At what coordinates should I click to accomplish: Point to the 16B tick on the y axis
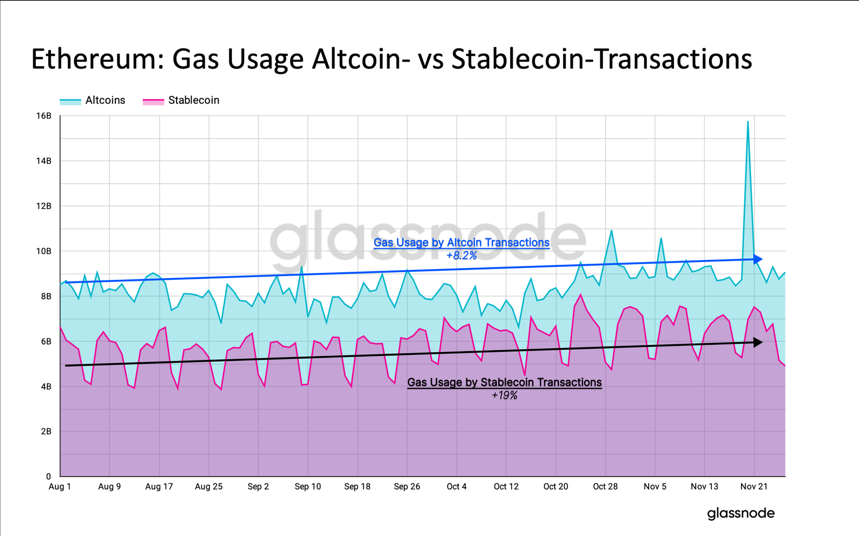tap(44, 116)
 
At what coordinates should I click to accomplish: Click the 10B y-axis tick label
tap(44, 251)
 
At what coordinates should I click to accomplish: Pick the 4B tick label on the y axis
tap(45, 387)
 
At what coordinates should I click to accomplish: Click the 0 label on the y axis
tap(48, 476)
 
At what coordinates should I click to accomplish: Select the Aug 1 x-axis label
tap(60, 487)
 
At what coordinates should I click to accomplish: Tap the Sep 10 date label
tap(308, 487)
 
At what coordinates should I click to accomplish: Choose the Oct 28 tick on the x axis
tap(605, 487)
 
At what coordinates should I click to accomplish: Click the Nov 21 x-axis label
tap(754, 487)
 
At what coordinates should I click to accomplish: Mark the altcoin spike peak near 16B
tap(748, 122)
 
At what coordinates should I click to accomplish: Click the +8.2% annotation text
tap(461, 256)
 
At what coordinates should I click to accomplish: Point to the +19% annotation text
tap(504, 396)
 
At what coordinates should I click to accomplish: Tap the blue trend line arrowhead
tap(758, 259)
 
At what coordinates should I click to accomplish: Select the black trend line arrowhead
tap(758, 342)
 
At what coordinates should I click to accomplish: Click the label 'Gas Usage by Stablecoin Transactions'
tap(504, 382)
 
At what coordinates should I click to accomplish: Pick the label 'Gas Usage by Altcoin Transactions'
tap(461, 243)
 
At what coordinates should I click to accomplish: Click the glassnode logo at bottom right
tap(740, 513)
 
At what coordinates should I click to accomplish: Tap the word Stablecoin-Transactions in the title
tap(601, 59)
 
